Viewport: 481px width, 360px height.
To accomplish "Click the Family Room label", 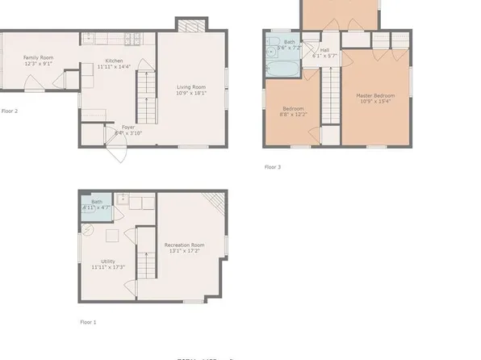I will [x=38, y=58].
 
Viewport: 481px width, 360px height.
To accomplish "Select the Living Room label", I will [x=192, y=86].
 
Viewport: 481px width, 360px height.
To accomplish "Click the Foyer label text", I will [x=128, y=126].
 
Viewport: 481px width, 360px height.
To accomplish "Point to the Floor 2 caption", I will [x=10, y=111].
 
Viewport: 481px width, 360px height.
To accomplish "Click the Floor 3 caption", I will [x=273, y=167].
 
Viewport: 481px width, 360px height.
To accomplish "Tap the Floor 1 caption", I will [x=88, y=322].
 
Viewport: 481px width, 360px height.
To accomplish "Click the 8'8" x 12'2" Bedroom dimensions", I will [x=294, y=115].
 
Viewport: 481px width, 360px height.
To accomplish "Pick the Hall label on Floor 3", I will [x=324, y=49].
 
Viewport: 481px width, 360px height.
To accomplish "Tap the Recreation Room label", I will [x=184, y=245].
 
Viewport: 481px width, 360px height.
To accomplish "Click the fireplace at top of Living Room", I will [x=187, y=27].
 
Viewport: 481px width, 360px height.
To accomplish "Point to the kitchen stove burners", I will [x=133, y=37].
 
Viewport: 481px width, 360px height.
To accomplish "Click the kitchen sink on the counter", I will [x=90, y=37].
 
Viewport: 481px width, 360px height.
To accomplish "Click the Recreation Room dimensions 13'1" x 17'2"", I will [x=184, y=251].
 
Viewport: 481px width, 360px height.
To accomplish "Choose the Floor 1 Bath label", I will [x=96, y=202].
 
